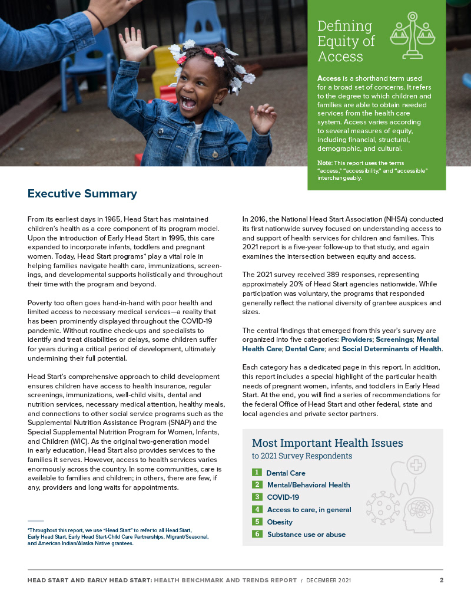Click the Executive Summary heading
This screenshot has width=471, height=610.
82,194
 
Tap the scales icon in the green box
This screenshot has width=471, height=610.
412,36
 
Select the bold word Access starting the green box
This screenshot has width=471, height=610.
329,78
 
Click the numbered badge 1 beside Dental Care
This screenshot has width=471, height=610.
257,472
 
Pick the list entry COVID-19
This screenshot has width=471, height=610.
283,497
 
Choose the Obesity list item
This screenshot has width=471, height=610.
280,522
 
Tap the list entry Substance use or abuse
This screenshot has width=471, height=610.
306,535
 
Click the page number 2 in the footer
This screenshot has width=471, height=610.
441,581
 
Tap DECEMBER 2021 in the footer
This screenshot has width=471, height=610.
328,581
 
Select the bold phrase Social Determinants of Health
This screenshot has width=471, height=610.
392,349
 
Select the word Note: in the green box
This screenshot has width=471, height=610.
325,163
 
